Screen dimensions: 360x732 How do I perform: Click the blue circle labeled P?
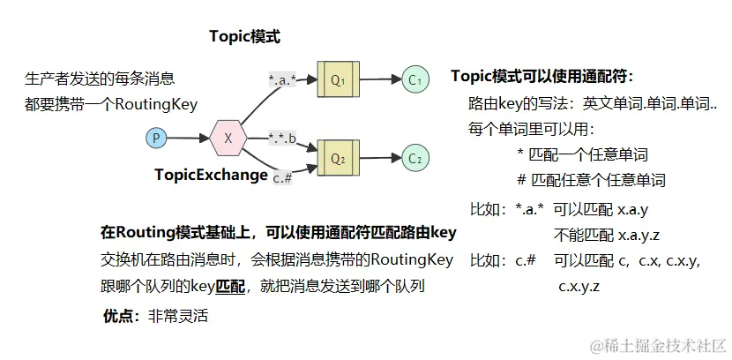(156, 138)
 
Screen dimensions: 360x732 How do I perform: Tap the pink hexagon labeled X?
(228, 138)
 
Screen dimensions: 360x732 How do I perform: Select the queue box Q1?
(338, 79)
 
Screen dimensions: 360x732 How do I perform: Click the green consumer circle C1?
(415, 79)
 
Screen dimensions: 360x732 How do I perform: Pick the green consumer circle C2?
(415, 158)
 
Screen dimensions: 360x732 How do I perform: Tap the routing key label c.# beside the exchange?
(282, 177)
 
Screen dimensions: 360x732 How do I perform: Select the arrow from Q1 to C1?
(379, 79)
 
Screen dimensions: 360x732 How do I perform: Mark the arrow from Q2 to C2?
(379, 158)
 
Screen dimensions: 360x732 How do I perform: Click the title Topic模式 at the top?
(244, 36)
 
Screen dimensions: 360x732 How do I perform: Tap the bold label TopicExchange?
(211, 175)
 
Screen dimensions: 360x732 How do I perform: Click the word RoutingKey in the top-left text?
(153, 104)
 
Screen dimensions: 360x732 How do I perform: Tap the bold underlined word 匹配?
(230, 286)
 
